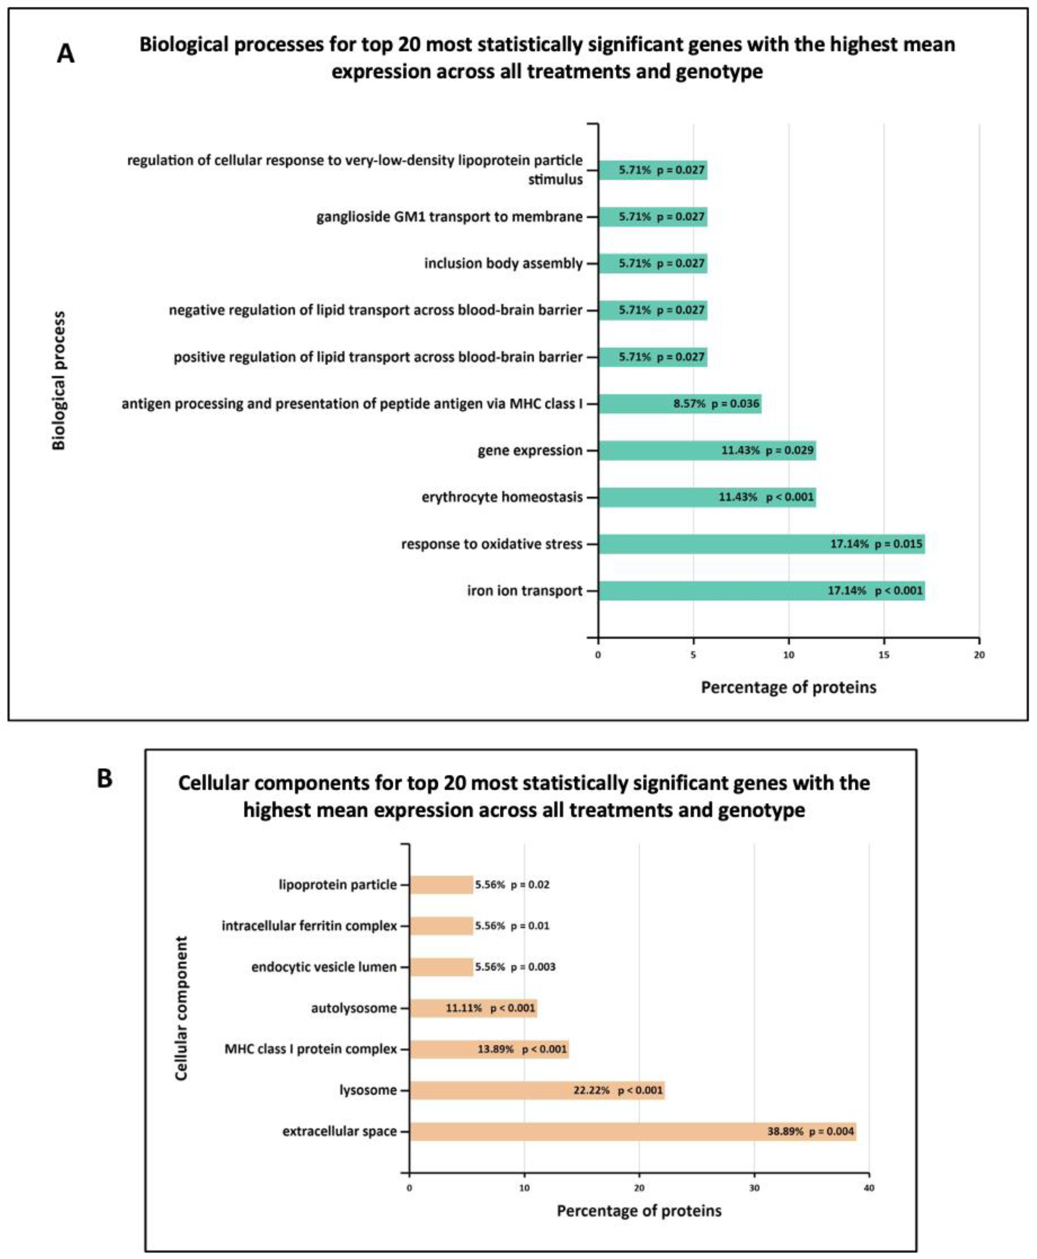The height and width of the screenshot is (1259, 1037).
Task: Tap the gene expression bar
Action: tap(707, 450)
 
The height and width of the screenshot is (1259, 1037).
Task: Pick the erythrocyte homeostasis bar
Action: tap(707, 497)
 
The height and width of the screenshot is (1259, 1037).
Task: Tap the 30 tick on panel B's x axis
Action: tap(754, 1188)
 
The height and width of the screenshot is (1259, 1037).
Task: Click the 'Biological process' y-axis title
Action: tap(59, 381)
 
